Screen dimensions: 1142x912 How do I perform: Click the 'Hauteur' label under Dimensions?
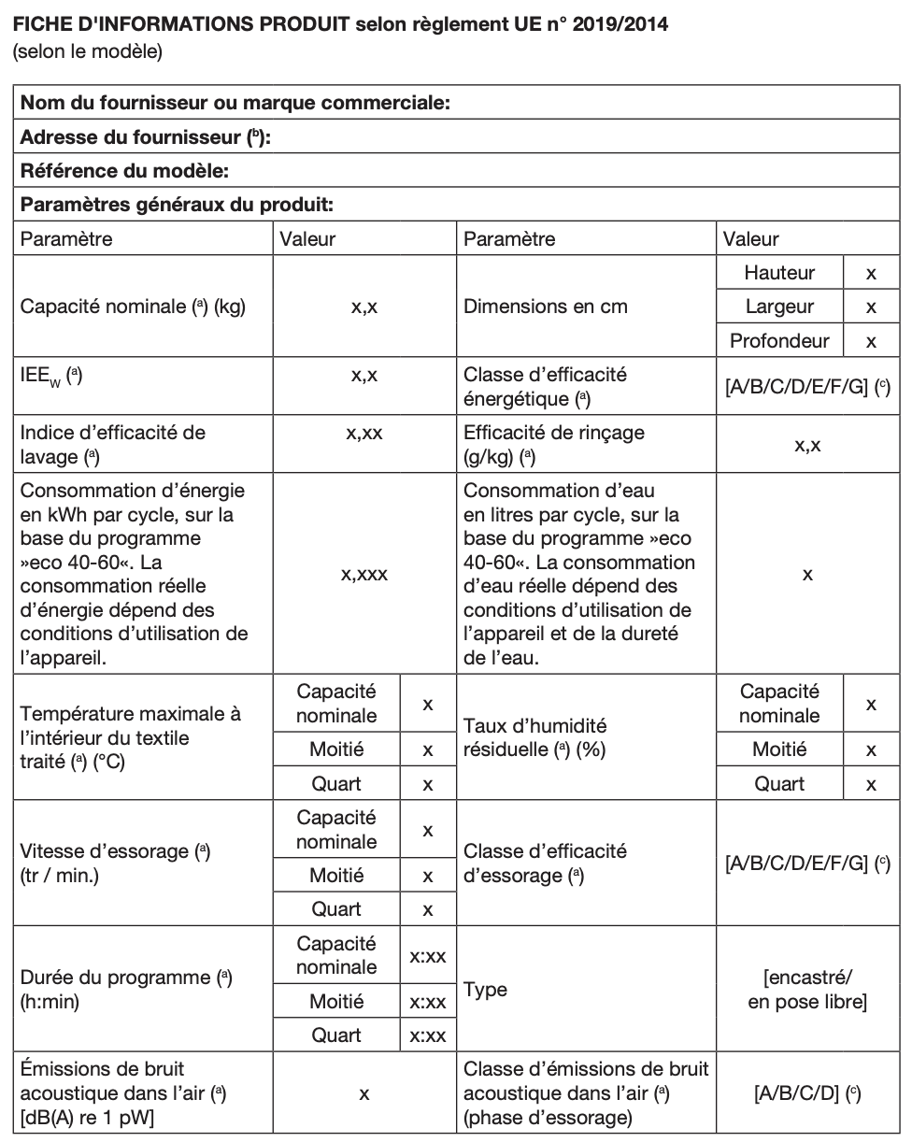779,273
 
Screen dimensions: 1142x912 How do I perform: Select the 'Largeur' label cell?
779,307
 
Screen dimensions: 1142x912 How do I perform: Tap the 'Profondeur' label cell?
779,341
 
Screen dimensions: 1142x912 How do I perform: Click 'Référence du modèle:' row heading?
125,171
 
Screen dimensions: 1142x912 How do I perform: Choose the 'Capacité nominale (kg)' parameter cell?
133,307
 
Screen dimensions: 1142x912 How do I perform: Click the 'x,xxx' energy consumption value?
363,575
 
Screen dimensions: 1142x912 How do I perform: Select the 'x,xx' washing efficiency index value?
363,433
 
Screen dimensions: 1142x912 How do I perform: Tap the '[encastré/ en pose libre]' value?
807,991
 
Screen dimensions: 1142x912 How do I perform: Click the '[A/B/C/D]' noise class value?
807,1092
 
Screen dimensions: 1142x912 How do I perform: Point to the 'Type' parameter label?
486,991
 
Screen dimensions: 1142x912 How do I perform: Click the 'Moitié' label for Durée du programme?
336,1002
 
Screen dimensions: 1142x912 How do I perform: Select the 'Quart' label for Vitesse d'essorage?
336,909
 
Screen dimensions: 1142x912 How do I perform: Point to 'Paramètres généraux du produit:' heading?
178,205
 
